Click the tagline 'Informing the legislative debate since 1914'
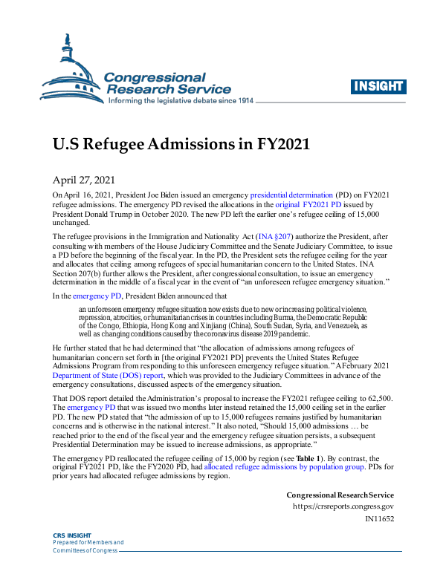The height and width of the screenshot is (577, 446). [181, 100]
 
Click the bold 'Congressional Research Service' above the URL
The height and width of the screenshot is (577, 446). [340, 495]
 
